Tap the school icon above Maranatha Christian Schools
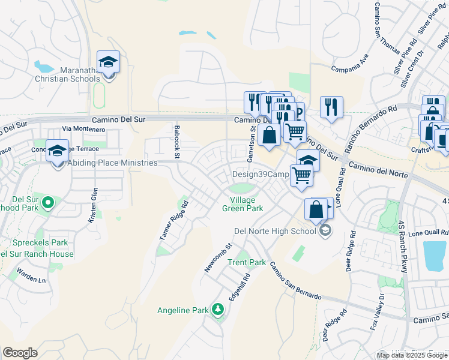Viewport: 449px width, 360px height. click(108, 63)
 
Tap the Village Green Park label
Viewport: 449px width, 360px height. click(247, 204)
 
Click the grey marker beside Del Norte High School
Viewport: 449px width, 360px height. click(325, 231)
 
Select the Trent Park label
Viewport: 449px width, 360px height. click(246, 262)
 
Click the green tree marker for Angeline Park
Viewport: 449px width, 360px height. click(218, 310)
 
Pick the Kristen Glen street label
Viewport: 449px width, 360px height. click(93, 205)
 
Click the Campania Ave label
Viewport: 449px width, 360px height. click(349, 61)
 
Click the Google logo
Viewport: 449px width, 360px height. click(20, 353)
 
